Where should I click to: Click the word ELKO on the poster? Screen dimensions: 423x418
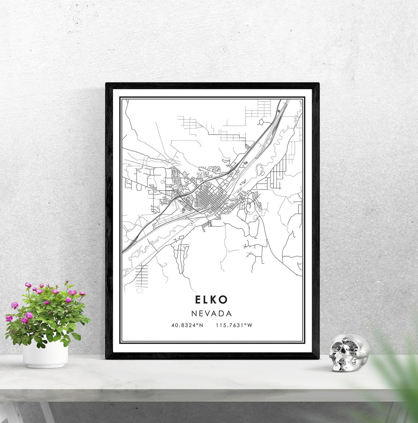pyautogui.click(x=211, y=299)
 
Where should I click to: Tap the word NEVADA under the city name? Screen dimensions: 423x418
pyautogui.click(x=211, y=313)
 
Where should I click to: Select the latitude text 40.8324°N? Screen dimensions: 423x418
pyautogui.click(x=187, y=325)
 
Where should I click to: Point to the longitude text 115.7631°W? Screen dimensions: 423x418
pyautogui.click(x=234, y=325)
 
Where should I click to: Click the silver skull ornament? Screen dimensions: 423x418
pyautogui.click(x=348, y=353)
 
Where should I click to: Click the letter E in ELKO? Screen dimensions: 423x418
pyautogui.click(x=198, y=299)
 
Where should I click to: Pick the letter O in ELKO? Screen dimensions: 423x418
pyautogui.click(x=223, y=299)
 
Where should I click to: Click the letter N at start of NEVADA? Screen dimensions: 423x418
pyautogui.click(x=194, y=313)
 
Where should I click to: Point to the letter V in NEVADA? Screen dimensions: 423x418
pyautogui.click(x=208, y=313)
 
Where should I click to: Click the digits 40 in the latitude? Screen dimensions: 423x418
pyautogui.click(x=174, y=325)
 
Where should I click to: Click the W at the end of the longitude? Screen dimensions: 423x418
pyautogui.click(x=250, y=325)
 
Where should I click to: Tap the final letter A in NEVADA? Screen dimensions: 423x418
pyautogui.click(x=229, y=313)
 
